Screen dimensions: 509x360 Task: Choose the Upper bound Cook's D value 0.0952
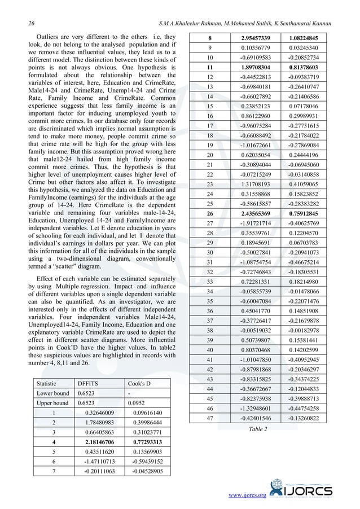click(135, 403)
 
